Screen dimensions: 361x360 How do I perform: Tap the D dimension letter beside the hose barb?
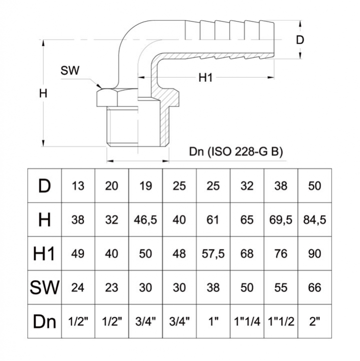click(x=300, y=40)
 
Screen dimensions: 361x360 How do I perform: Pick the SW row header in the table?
click(x=45, y=287)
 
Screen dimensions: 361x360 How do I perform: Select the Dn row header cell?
click(x=45, y=321)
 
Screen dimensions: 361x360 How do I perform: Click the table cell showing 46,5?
click(x=146, y=220)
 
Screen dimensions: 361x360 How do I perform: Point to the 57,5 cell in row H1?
click(x=213, y=254)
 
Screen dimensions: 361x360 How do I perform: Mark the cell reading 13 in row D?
click(x=78, y=186)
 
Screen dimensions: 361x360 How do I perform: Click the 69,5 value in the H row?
click(x=281, y=220)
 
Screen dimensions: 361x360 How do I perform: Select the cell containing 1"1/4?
click(x=247, y=321)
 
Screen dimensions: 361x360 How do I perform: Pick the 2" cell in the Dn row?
click(x=315, y=321)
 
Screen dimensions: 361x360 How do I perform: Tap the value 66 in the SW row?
click(x=315, y=287)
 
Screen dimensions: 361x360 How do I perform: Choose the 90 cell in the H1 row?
click(x=315, y=254)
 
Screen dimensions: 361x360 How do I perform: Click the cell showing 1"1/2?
click(x=281, y=321)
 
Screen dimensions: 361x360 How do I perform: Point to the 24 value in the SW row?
click(x=78, y=287)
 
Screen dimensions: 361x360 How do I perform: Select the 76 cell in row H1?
click(x=281, y=254)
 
